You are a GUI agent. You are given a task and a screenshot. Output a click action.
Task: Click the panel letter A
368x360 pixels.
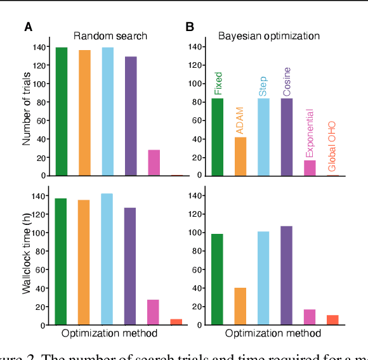click(28, 27)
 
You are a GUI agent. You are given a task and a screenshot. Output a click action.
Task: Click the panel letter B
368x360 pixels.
click(189, 27)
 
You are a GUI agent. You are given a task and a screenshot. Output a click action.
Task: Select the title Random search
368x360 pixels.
click(110, 35)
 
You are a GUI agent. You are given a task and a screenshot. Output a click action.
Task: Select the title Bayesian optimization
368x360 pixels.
click(269, 35)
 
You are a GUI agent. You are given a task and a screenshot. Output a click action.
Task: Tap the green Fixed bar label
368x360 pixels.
click(218, 83)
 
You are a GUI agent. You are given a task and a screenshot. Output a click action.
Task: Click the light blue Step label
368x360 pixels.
click(263, 86)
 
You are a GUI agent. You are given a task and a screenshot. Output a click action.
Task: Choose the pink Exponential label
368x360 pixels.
click(309, 133)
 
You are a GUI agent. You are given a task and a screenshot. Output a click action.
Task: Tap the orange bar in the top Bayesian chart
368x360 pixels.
click(240, 156)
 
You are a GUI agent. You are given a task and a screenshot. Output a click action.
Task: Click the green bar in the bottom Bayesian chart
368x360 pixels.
click(218, 279)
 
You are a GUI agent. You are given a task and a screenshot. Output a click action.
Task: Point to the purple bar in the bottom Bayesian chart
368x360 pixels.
click(286, 275)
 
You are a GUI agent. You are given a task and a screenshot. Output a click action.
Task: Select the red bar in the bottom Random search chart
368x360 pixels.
click(176, 321)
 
